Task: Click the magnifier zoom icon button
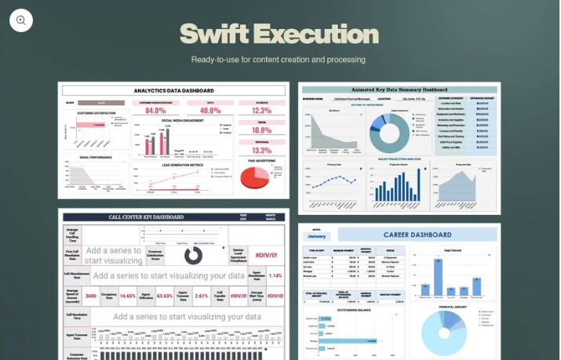click(x=21, y=20)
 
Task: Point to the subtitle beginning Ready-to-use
click(x=279, y=60)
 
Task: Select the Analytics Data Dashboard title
click(x=173, y=91)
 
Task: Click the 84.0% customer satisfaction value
click(x=155, y=111)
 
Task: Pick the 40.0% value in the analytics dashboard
click(x=209, y=111)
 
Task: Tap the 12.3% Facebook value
click(x=261, y=111)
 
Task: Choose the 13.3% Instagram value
click(x=261, y=150)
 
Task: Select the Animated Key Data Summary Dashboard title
click(x=399, y=89)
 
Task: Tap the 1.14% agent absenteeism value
click(x=275, y=275)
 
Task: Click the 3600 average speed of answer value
click(x=90, y=296)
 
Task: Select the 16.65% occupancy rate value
click(x=128, y=296)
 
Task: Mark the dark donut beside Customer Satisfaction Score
click(x=193, y=255)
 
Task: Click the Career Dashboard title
click(x=416, y=235)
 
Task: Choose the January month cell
click(x=316, y=235)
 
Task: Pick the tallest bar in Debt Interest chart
click(x=437, y=275)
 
